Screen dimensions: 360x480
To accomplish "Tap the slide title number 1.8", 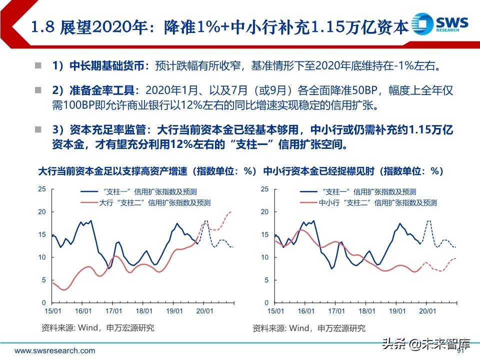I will [43, 26].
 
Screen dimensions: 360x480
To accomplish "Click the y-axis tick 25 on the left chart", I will [42, 189].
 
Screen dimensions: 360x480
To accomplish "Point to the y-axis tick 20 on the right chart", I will [264, 211].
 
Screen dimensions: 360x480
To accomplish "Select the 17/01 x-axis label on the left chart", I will [113, 310].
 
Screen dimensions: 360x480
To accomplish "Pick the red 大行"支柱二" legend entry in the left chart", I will [145, 203].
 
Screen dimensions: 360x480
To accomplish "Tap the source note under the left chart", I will [97, 328].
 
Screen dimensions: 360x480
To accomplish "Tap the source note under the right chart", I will [308, 328].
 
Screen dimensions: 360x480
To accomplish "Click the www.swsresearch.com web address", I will [54, 350].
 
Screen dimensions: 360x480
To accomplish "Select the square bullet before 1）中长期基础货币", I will [38, 65].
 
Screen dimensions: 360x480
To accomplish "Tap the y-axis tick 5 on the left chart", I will [43, 280].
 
